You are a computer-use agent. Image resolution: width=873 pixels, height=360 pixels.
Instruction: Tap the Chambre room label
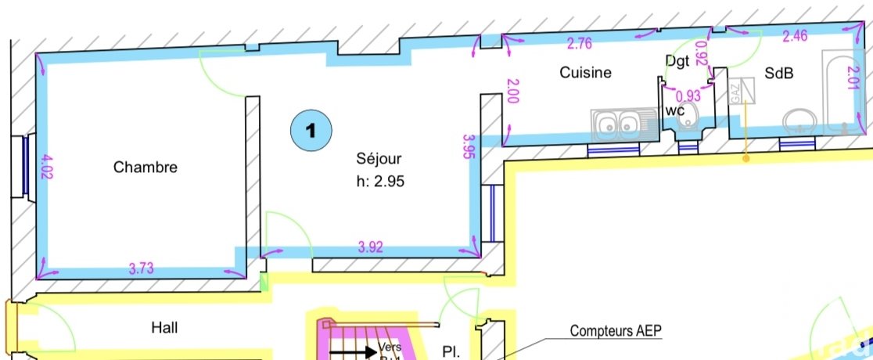click(x=145, y=167)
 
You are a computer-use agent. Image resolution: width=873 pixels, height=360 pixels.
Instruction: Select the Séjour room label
click(x=379, y=159)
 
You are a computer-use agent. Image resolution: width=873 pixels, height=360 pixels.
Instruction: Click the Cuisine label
click(x=585, y=73)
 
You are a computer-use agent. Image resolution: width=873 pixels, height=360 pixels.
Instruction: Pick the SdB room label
click(x=779, y=73)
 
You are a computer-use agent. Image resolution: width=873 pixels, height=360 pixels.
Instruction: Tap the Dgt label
click(x=677, y=59)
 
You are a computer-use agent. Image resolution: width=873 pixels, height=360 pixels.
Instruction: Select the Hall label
click(x=165, y=328)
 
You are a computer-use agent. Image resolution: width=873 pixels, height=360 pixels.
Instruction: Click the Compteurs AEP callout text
click(x=616, y=331)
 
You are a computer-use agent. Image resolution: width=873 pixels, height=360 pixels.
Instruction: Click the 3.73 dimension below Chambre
click(x=142, y=269)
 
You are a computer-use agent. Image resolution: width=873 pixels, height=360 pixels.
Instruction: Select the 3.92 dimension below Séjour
click(x=371, y=247)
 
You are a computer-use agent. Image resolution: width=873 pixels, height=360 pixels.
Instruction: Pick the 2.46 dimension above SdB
click(x=796, y=35)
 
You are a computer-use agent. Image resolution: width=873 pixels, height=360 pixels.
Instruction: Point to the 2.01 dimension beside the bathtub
click(x=854, y=77)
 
